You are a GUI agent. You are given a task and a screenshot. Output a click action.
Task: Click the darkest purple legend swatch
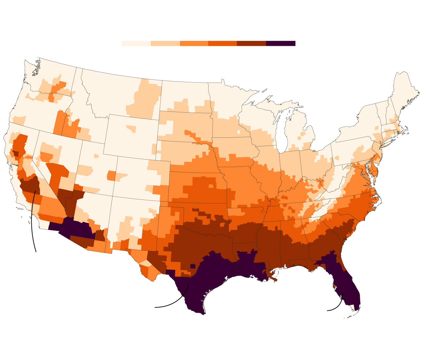point(281,44)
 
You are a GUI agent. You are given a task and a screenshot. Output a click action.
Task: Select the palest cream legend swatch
point(136,44)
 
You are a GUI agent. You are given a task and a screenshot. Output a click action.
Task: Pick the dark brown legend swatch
point(251,44)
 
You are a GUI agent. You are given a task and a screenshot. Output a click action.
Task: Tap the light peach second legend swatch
point(165,44)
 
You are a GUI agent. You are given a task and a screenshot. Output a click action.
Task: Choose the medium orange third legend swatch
point(194,44)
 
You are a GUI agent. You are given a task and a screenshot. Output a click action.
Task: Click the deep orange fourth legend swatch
point(222,44)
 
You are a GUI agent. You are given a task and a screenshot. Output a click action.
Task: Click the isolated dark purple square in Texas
point(193,266)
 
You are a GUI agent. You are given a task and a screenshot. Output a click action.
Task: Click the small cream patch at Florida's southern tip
point(356,307)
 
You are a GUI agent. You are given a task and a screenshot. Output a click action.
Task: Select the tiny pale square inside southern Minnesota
point(238,132)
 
